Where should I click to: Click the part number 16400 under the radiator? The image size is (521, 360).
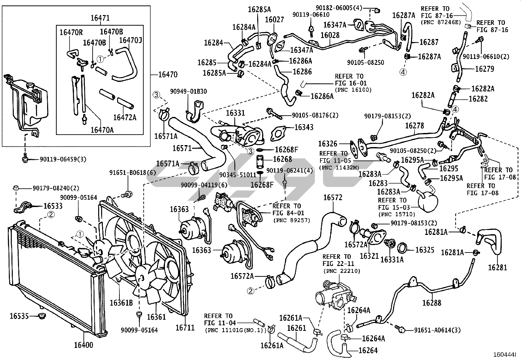(83, 345)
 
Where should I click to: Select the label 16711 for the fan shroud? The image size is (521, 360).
(185, 327)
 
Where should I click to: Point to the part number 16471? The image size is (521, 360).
(100, 18)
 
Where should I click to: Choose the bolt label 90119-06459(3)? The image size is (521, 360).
(63, 160)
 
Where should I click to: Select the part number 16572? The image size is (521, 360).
(333, 198)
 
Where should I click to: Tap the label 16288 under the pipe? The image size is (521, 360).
(431, 303)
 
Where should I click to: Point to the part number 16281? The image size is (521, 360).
(497, 267)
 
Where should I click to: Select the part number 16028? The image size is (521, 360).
(330, 35)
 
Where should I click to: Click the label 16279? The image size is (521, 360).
(485, 69)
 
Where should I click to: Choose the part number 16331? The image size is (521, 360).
(235, 113)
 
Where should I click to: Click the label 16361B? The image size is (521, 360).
(121, 302)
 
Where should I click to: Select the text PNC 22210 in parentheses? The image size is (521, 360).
(342, 271)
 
